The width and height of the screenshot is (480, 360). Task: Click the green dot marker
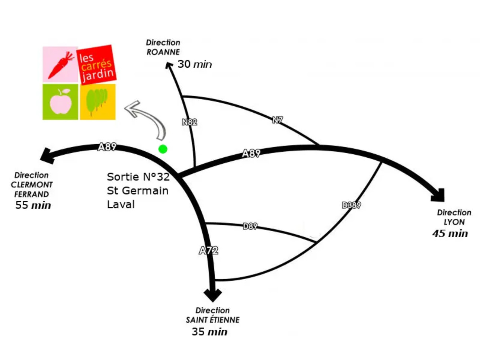tap(163, 149)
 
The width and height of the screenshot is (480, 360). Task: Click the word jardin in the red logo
tap(98, 75)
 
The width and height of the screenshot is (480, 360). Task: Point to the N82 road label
tap(189, 122)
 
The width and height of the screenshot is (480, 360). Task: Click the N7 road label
tap(277, 120)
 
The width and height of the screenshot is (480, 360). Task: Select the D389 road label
tap(351, 205)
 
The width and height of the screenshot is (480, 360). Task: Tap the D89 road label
tap(250, 226)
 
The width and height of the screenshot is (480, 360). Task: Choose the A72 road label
tap(208, 250)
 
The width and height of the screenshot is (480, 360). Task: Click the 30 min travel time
tap(195, 64)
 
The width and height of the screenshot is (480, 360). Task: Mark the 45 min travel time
tap(450, 234)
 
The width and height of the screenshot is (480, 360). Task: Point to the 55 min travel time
tap(33, 205)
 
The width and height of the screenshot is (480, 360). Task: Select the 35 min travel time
tap(209, 332)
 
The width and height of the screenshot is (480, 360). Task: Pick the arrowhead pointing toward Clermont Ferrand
tap(48, 155)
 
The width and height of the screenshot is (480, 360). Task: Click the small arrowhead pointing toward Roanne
tap(169, 66)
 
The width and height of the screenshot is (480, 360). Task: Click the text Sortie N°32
tap(138, 177)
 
